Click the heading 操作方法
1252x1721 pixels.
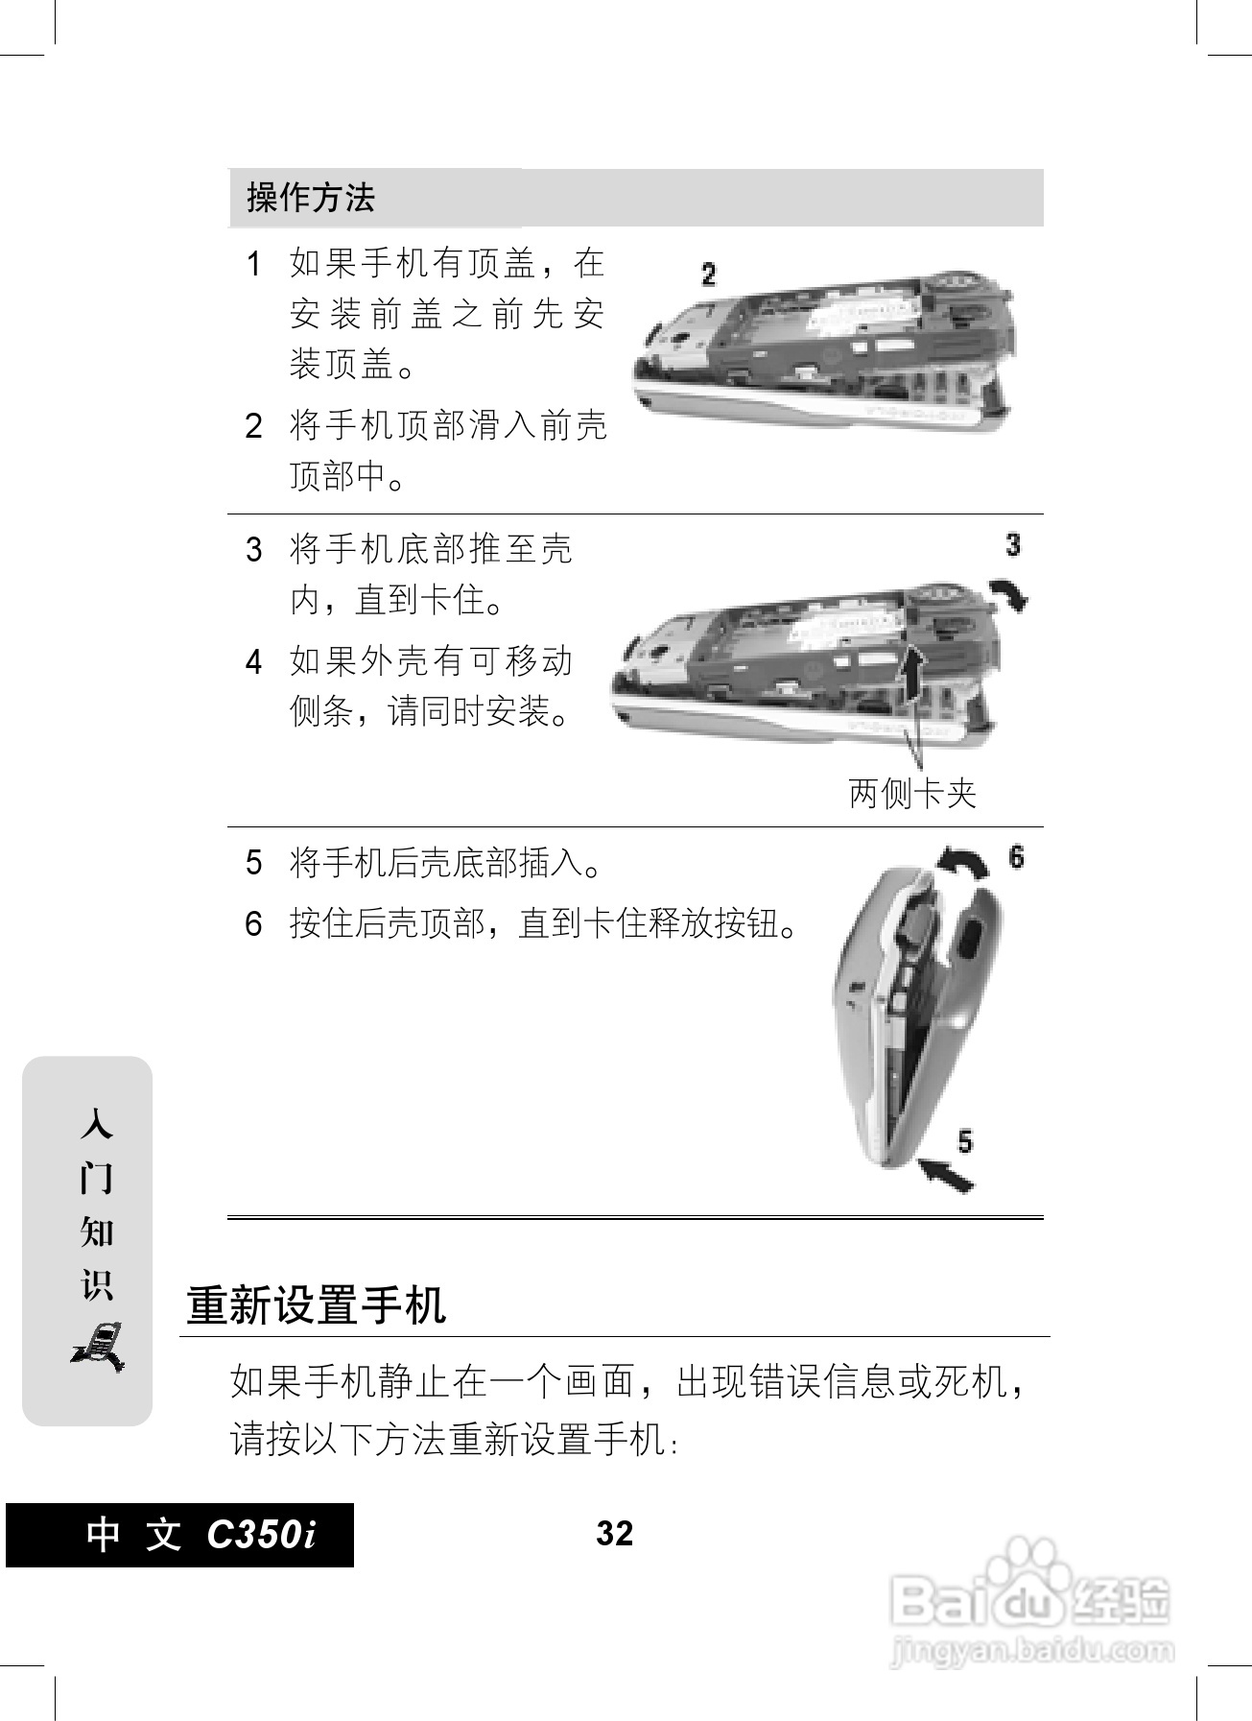[x=310, y=198]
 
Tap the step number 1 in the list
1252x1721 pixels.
[x=253, y=264]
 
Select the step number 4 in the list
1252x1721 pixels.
[x=253, y=662]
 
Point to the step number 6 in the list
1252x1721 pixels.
[x=253, y=924]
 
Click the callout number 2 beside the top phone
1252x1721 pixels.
[x=708, y=275]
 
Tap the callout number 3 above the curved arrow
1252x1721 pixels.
[x=1013, y=545]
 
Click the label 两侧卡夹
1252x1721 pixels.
[x=912, y=794]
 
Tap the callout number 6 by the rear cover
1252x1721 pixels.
[x=1017, y=855]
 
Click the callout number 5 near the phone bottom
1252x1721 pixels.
[x=965, y=1140]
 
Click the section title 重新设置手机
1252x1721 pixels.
[x=316, y=1305]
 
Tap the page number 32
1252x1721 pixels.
[x=614, y=1533]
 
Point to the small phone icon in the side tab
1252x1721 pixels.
[x=98, y=1346]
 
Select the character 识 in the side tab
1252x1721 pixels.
[x=97, y=1285]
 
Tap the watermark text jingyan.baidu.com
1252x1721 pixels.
[x=1031, y=1652]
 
